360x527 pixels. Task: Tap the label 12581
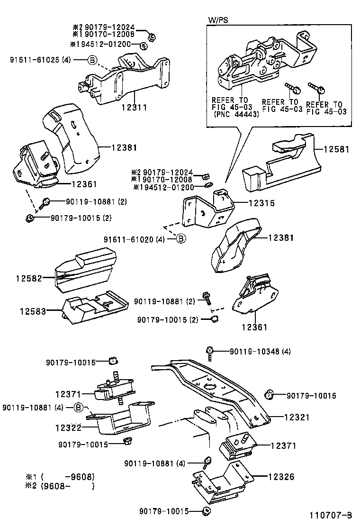[x=336, y=149]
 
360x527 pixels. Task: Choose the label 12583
[x=34, y=311]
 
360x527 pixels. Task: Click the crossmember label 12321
[x=297, y=418]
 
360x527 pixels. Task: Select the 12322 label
[x=69, y=427]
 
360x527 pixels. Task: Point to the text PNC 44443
[x=235, y=114]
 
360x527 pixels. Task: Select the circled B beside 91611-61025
[x=92, y=60]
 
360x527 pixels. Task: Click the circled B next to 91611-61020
[x=181, y=239]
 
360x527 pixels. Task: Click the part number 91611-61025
[x=41, y=60]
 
